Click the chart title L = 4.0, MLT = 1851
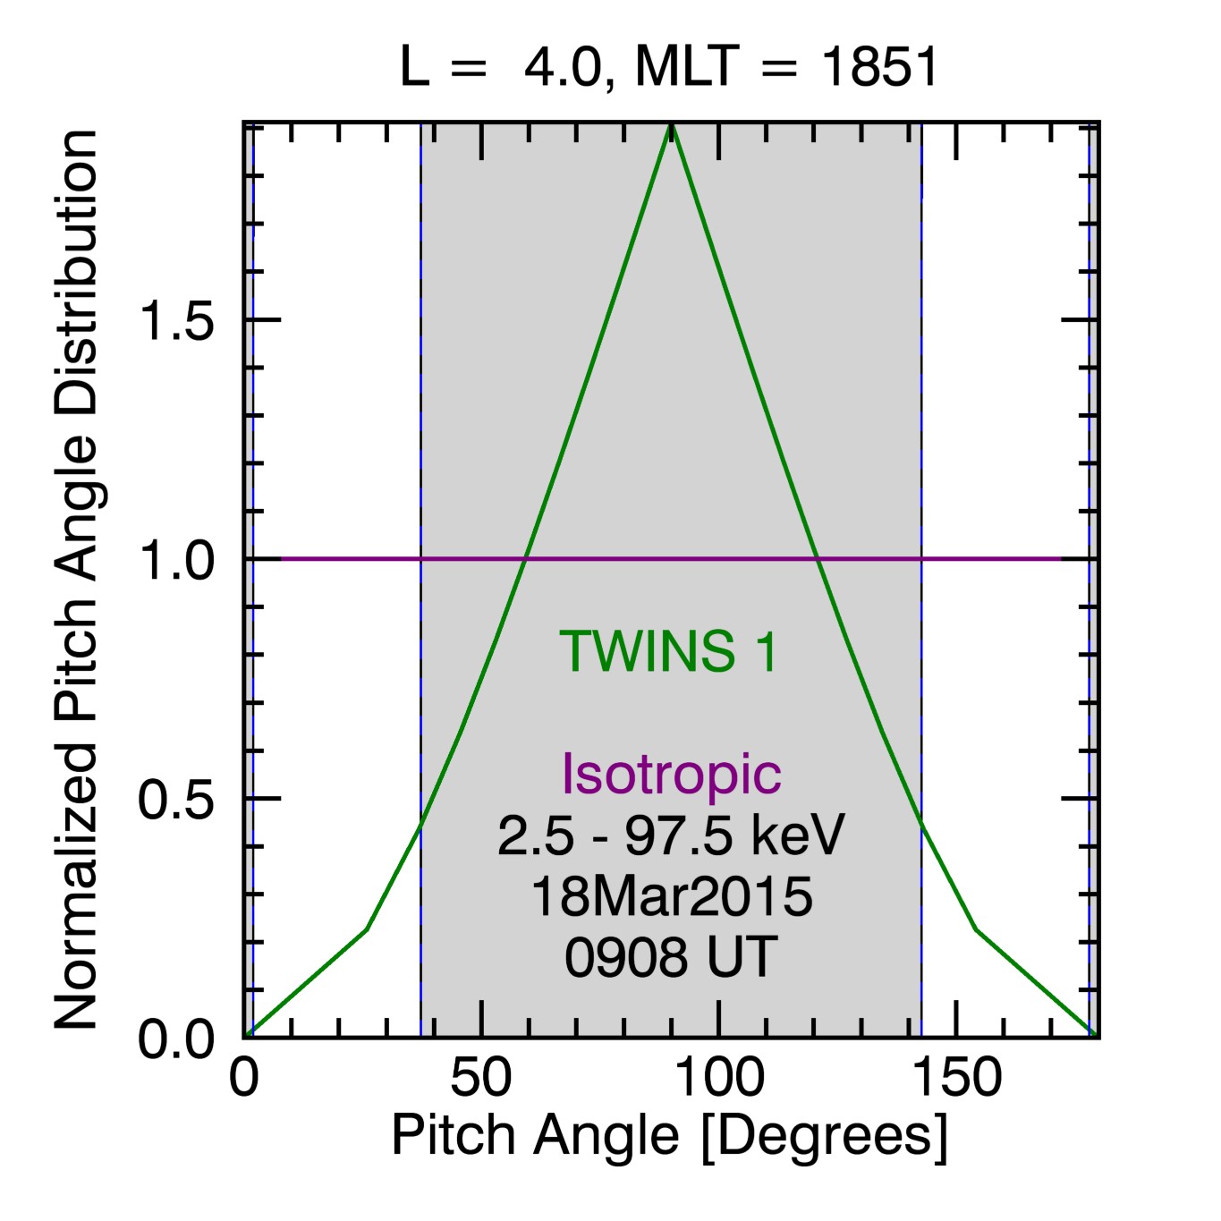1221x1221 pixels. [669, 67]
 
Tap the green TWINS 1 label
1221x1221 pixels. [669, 651]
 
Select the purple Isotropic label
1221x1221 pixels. [671, 773]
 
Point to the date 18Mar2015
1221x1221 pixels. [671, 896]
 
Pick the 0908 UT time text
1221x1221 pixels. [671, 956]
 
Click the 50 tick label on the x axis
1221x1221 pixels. [481, 1078]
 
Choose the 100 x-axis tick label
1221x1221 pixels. [719, 1078]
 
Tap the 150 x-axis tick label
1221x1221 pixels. [956, 1078]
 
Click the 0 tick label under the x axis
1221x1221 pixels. [244, 1078]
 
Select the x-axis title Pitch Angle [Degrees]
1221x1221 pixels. [669, 1137]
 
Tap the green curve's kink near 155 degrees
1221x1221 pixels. [977, 930]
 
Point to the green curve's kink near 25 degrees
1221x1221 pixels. [367, 930]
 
